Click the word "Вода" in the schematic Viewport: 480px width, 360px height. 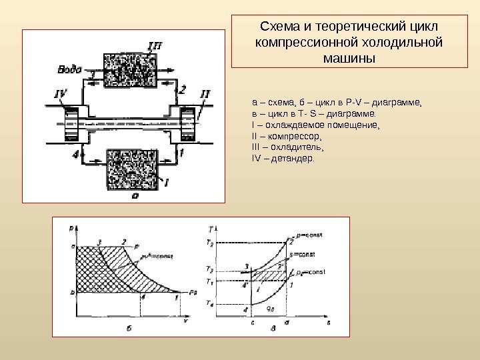pos(70,68)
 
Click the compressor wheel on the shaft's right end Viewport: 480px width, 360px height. pos(187,123)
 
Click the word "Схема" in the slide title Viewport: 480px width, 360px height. pos(279,27)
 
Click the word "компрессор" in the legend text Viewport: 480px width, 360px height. pos(287,135)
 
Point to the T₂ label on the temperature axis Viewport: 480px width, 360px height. pos(210,243)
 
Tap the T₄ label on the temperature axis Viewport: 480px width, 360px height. pos(210,305)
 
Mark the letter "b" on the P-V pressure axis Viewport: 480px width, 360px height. pos(71,292)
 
